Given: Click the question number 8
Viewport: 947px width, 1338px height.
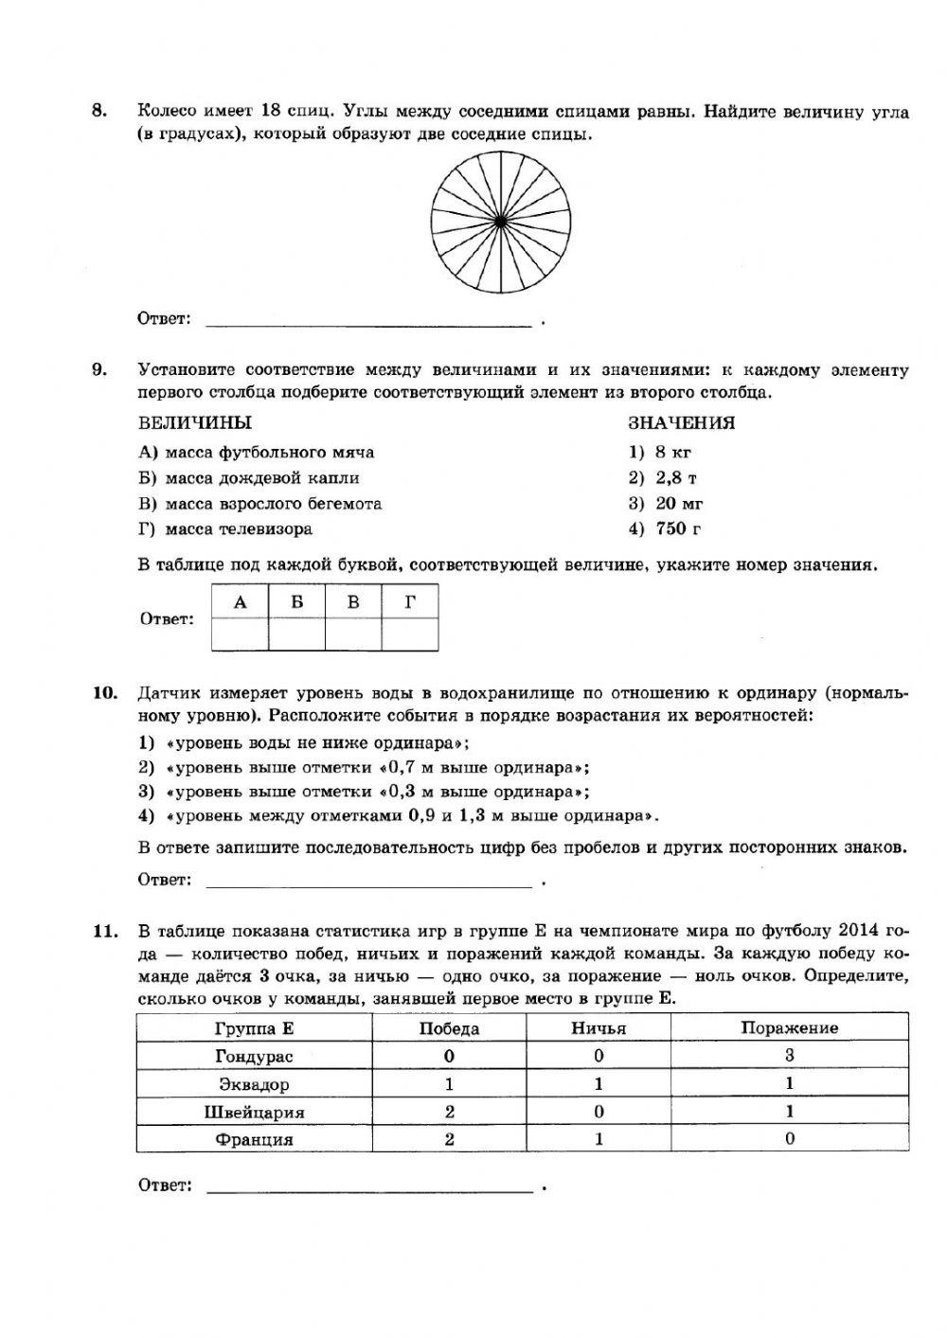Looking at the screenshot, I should click(x=98, y=112).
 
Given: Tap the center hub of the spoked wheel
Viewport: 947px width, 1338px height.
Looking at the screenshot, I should click(x=499, y=221).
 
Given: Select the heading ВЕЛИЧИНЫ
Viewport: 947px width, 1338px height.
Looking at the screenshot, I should click(x=195, y=423).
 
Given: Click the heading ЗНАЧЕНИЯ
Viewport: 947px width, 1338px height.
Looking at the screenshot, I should click(x=681, y=423).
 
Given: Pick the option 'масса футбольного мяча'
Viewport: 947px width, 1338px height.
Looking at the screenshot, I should click(x=257, y=452).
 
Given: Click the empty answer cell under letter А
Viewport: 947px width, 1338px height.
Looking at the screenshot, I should click(x=240, y=633).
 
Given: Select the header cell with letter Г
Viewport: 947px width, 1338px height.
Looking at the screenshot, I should click(x=410, y=602).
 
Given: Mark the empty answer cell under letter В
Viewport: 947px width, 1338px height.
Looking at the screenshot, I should click(x=353, y=633).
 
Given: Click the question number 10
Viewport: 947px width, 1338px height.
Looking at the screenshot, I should click(x=104, y=692).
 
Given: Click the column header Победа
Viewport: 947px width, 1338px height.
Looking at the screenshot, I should click(x=449, y=1027).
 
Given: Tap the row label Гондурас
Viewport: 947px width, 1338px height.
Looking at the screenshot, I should click(x=254, y=1056).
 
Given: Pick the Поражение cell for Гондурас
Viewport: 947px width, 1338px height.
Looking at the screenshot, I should click(x=789, y=1056).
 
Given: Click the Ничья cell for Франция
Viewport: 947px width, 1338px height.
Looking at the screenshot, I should click(x=599, y=1139).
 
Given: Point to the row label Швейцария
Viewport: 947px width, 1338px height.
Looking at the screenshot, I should click(x=254, y=1112).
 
